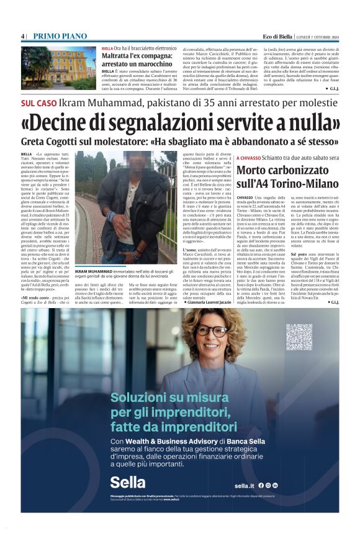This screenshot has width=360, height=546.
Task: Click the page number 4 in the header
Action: click(22, 37)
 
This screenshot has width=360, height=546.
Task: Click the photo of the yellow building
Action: click(59, 67)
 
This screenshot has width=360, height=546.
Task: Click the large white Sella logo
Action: click(128, 481)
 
